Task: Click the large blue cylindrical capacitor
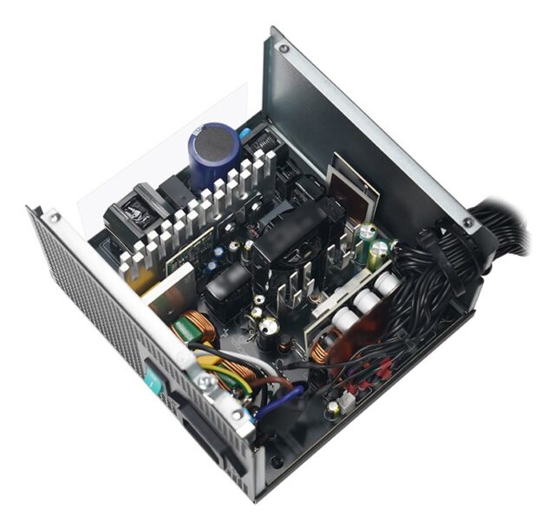[213, 154]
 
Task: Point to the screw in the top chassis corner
[283, 49]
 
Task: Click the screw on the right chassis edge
[468, 224]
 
